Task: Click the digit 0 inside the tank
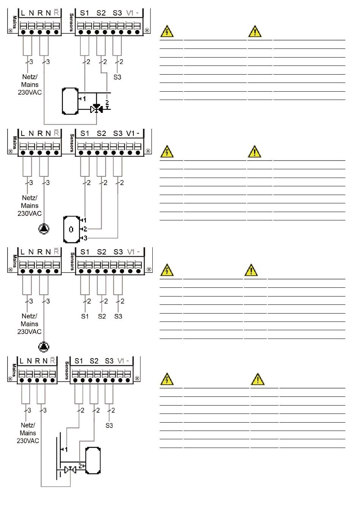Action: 71,229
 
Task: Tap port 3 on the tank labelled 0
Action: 85,238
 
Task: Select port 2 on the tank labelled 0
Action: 85,229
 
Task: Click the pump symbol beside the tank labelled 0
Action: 44,229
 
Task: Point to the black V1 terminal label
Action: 130,133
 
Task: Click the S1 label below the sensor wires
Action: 85,316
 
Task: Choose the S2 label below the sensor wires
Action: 102,316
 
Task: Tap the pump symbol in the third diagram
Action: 44,346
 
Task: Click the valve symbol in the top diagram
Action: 96,109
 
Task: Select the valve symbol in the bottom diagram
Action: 70,470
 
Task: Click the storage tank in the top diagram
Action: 70,101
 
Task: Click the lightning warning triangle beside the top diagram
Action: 167,31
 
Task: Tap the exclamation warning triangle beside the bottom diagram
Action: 257,379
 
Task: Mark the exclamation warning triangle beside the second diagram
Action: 255,152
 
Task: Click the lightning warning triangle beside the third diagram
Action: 167,270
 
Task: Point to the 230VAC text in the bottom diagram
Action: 28,441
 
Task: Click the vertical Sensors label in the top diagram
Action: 72,22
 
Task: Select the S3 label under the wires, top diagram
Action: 117,77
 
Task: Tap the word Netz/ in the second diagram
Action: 29,198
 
